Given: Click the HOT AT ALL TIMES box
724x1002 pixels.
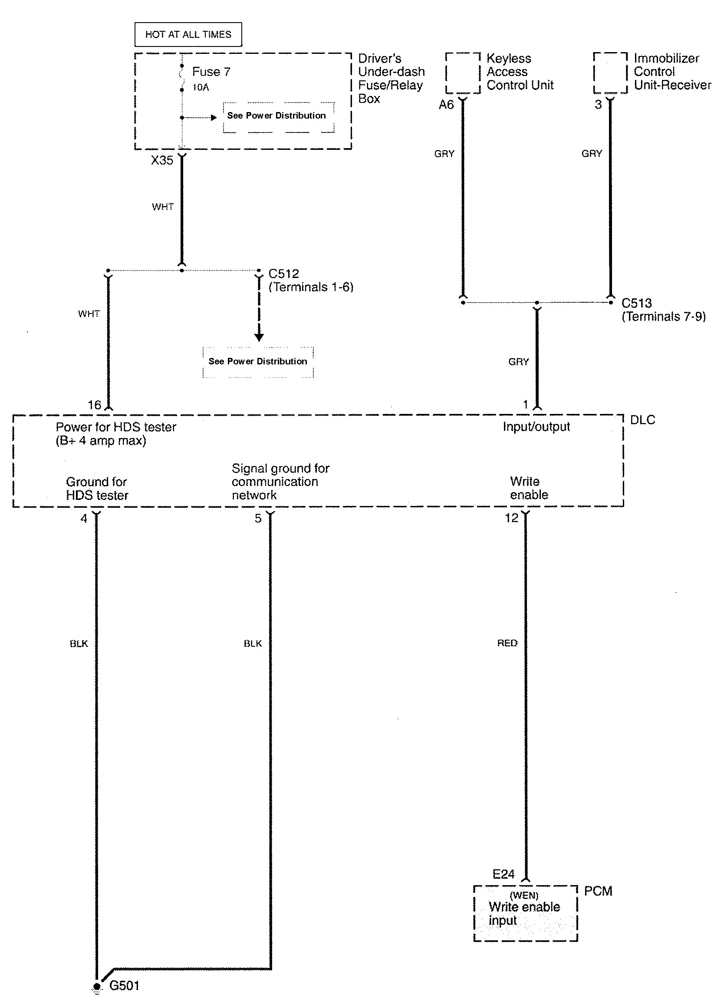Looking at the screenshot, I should (188, 34).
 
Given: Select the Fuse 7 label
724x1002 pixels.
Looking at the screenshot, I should (211, 72).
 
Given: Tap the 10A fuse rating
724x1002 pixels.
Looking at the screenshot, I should (201, 87).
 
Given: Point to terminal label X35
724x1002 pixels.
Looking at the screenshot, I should (162, 160).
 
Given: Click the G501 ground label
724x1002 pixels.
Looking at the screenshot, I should (124, 985).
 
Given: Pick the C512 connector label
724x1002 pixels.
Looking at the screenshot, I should (283, 274).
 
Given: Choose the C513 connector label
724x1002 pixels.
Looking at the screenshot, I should (636, 303).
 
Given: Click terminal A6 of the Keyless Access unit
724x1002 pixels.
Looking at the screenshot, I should (446, 105).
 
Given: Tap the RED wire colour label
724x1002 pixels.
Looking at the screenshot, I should (507, 643).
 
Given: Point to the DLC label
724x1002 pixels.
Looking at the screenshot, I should (642, 420).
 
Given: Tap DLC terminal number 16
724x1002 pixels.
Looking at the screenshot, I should (95, 405).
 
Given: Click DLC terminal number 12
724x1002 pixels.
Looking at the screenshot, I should (512, 518).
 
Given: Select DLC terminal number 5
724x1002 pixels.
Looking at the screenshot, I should (258, 518).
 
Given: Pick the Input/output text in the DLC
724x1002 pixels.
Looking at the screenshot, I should (536, 427).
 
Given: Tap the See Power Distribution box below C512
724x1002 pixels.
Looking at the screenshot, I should (258, 361).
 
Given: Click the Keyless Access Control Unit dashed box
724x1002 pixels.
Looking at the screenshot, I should (463, 73).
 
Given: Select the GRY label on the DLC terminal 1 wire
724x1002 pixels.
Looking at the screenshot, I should (518, 362).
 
